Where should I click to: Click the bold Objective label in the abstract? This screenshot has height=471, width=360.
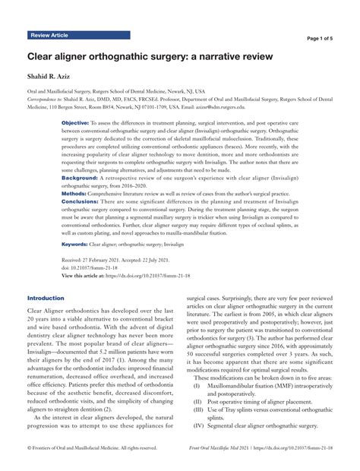tap(75, 122)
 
